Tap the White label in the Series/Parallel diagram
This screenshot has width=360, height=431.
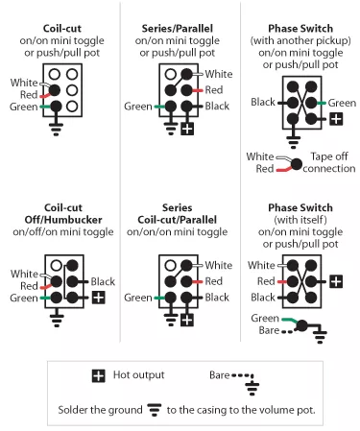[x=219, y=73]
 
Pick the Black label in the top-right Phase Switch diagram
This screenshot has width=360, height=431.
[x=263, y=102]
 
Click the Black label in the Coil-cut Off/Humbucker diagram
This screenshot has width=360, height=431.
[x=104, y=281]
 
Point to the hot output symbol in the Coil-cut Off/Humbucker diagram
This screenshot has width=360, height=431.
[x=99, y=299]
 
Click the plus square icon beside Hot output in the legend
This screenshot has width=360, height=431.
[x=98, y=374]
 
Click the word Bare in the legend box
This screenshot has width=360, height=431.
[x=220, y=374]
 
